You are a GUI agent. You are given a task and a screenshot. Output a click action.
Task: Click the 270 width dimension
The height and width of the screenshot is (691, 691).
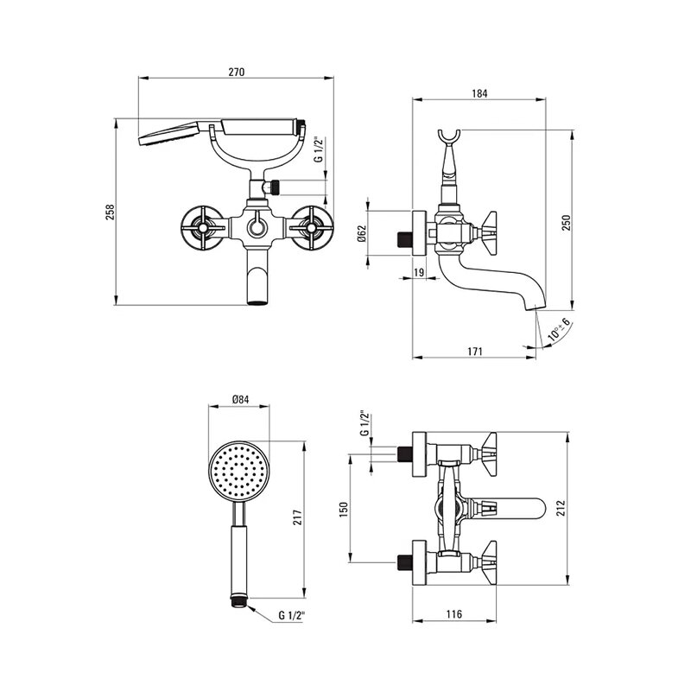point(236,72)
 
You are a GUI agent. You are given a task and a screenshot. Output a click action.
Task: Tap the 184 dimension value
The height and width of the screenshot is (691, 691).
point(479,93)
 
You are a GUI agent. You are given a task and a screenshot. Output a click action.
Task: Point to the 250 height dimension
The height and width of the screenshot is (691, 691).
point(567,223)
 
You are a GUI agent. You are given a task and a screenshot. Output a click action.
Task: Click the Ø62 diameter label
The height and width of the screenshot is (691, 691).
point(362,233)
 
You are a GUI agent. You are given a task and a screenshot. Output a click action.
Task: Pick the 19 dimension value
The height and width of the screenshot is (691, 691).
point(419,272)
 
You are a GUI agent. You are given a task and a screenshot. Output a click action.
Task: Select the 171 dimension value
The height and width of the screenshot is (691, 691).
point(474,352)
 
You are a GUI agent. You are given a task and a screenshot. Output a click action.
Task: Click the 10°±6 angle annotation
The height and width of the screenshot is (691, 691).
point(559,330)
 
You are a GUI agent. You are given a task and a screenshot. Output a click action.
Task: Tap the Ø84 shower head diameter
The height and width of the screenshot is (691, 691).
point(241,400)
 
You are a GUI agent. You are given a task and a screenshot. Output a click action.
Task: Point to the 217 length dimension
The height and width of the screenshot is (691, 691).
point(297,517)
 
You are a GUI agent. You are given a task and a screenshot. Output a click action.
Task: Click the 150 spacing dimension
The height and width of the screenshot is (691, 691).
point(344,509)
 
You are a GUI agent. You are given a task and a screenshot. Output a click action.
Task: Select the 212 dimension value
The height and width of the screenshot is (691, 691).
point(560,508)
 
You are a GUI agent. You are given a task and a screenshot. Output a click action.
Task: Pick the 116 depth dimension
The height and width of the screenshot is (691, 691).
point(454,613)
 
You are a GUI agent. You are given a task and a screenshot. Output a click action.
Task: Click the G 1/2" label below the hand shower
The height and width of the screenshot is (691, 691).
point(292,615)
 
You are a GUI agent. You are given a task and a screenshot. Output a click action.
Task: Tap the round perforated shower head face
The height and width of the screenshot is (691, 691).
point(238,471)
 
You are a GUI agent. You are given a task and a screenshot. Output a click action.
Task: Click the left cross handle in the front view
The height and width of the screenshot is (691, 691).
point(202,228)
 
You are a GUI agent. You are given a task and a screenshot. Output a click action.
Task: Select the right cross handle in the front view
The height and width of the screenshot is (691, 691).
point(312,228)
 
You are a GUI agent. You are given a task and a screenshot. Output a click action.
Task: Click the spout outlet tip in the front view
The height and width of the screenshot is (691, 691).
point(257,302)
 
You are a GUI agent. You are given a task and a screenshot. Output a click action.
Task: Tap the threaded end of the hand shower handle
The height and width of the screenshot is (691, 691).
point(239,601)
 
